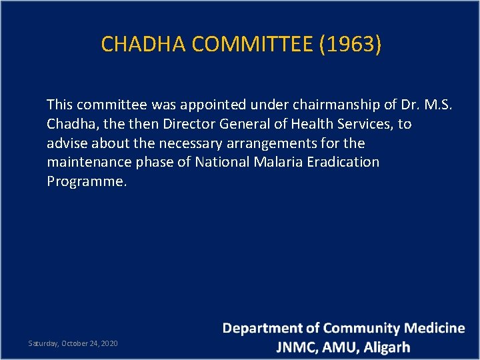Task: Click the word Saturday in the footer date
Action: tap(43, 343)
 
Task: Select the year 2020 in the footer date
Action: tap(109, 343)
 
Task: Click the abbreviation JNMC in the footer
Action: tap(297, 347)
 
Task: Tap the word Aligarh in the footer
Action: tap(387, 347)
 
